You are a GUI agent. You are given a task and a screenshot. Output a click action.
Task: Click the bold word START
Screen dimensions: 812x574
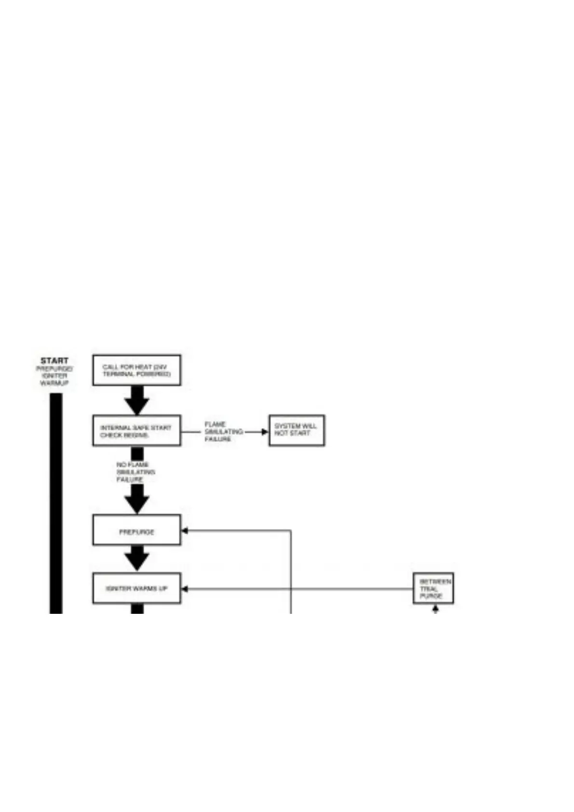point(54,361)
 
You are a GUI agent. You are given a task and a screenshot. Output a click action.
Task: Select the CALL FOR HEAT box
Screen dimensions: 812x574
point(137,370)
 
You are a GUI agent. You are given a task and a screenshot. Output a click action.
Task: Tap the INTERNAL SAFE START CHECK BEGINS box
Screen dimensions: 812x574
point(137,431)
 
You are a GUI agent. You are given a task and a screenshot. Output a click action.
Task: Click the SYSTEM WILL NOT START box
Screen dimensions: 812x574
point(296,430)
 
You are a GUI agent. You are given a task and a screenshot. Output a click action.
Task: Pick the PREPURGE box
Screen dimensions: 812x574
point(137,531)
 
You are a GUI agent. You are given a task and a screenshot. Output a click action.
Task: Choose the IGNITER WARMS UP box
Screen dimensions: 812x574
point(137,588)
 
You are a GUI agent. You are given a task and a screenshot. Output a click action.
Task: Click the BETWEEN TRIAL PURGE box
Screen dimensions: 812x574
point(433,588)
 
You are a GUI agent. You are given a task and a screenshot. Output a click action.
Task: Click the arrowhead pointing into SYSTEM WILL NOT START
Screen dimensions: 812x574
point(264,432)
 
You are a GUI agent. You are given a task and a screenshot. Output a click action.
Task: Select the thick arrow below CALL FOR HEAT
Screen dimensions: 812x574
point(137,400)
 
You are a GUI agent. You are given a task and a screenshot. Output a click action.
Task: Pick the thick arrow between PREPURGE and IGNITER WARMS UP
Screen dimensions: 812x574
point(137,559)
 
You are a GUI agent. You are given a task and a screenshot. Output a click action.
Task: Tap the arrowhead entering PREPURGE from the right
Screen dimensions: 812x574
point(184,531)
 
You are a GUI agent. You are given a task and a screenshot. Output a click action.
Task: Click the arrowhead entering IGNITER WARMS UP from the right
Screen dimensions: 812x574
point(184,589)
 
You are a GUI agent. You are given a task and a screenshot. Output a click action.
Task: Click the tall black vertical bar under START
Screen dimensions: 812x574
point(56,501)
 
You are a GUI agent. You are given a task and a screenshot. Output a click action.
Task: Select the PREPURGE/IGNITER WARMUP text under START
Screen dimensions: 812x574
point(54,376)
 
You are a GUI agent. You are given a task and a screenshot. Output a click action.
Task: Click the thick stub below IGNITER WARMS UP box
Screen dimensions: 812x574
point(137,609)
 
